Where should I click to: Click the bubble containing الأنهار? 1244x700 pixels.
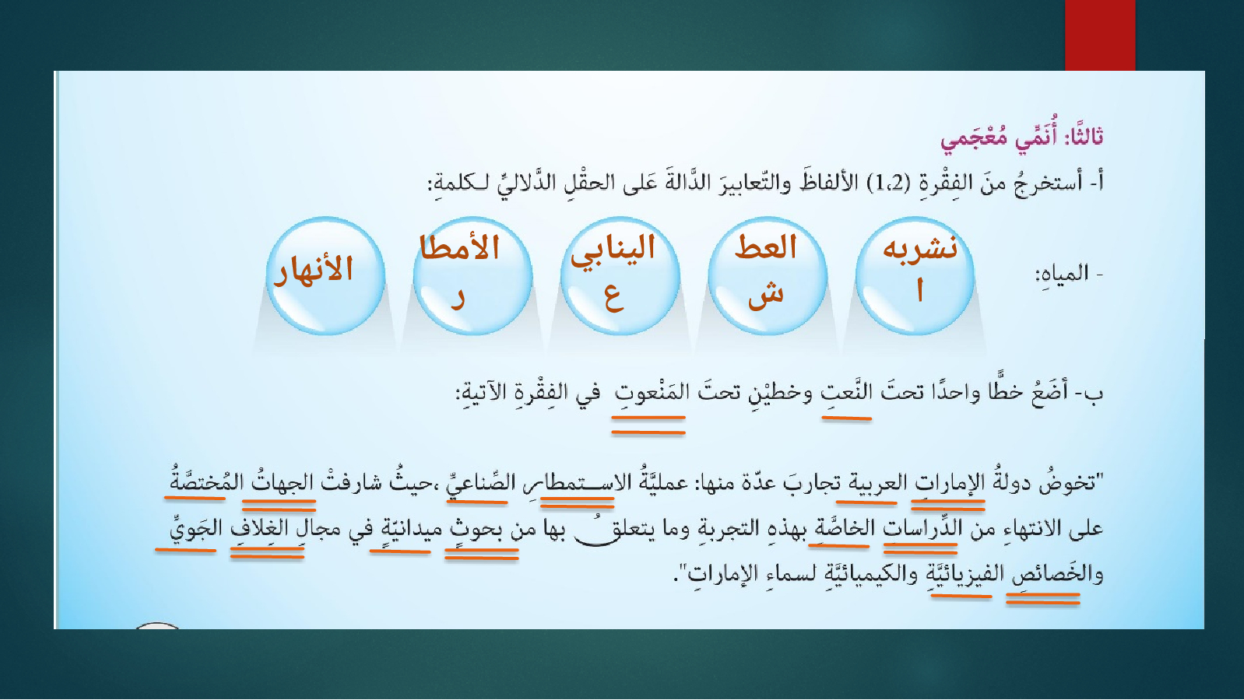(325, 275)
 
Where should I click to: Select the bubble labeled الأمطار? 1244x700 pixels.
(473, 275)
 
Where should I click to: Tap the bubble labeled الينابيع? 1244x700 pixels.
(620, 275)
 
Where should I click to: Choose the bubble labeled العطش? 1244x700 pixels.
(768, 275)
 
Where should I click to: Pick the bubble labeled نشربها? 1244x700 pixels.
(915, 275)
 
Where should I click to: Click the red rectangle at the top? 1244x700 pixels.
(1100, 35)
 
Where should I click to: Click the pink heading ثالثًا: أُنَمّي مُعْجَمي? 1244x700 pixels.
(1022, 136)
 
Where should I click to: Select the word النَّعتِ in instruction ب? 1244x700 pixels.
(847, 392)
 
